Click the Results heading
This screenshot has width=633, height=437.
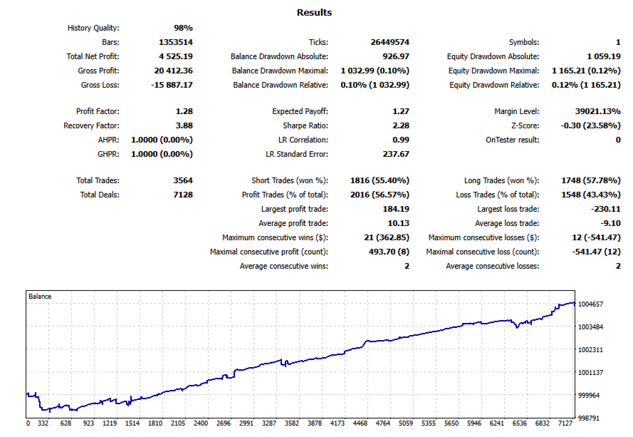point(314,12)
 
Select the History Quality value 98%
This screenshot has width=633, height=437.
point(183,28)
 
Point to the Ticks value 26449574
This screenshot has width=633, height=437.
point(387,42)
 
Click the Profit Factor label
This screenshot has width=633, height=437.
point(98,111)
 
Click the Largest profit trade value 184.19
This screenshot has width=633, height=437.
point(396,209)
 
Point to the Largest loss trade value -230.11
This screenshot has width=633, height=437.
point(605,209)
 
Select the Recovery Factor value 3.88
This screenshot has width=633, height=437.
point(184,125)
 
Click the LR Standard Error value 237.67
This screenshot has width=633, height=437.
point(396,154)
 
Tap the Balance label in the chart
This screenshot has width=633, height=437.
point(40,296)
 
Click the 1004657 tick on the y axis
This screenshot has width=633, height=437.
point(591,304)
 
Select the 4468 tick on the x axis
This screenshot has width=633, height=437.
point(360,423)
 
